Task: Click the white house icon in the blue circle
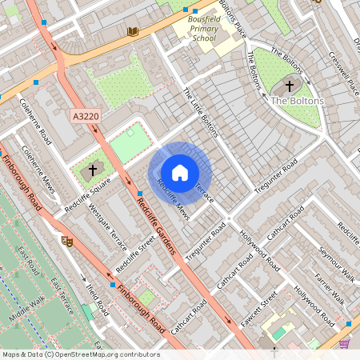tap(180, 172)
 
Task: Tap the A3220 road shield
tap(86, 116)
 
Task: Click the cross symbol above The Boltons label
tap(290, 85)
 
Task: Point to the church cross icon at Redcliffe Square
tap(93, 170)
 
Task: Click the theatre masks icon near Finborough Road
tap(67, 239)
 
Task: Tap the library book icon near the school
tap(133, 31)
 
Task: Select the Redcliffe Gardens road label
tap(155, 226)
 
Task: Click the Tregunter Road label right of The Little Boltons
tap(275, 176)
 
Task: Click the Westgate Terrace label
tap(107, 227)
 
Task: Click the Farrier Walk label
tap(330, 290)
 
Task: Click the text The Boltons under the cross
tap(298, 101)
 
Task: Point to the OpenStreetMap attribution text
tap(80, 354)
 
